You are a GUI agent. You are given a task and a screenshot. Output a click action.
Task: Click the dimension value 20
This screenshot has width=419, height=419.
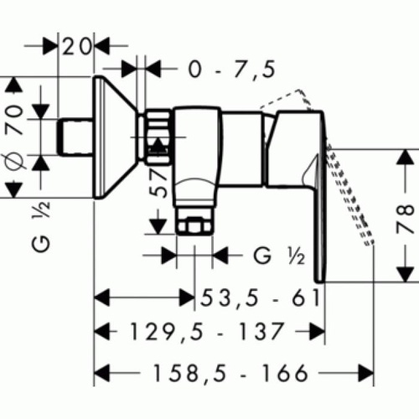pos(76,46)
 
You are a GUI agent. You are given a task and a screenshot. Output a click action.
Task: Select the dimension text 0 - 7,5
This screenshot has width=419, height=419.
pos(232,69)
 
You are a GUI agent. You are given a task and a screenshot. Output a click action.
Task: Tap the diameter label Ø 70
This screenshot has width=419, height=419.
pos(14,137)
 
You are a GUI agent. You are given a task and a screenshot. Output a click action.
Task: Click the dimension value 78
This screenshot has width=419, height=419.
pos(405,220)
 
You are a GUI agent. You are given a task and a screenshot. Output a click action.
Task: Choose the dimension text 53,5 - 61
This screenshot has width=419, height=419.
pos(260,298)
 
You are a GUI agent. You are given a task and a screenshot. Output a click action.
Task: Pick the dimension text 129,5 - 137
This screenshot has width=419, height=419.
pos(207,332)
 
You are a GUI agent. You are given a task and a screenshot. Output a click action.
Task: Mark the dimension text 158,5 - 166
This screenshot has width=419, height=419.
pos(230,373)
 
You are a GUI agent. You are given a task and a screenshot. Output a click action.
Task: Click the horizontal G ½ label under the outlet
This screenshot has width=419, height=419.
pos(279,256)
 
